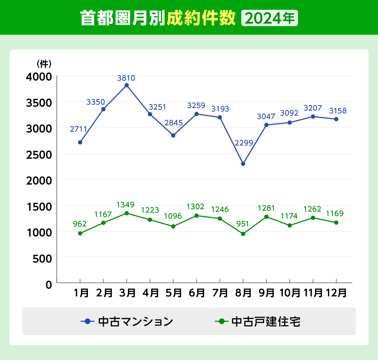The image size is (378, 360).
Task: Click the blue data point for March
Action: pos(127,85)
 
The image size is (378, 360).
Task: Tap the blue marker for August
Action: pos(243,164)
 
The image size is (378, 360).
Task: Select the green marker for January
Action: pos(80,233)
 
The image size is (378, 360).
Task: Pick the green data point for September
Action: pos(266,217)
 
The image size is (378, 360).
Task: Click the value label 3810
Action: pos(126,78)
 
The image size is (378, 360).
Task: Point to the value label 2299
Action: pos(244,143)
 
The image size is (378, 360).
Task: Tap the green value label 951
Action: pos(243,224)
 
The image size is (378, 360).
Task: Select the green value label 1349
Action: pos(125,205)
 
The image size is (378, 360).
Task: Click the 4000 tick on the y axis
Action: pos(39,77)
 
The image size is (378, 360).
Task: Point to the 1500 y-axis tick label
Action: pos(39,207)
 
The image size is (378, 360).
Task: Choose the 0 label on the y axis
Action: pos(49,285)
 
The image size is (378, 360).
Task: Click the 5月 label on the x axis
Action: pos(174,293)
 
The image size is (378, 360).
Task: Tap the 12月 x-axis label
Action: pos(336,293)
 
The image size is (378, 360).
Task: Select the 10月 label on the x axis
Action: pos(290,293)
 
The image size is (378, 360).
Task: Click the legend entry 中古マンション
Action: pos(127,322)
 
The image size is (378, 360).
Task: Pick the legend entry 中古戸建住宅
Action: pos(258,322)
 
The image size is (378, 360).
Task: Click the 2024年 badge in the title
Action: pos(269,18)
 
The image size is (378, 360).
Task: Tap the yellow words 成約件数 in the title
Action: pos(201,18)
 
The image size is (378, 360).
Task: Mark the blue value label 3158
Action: pos(338,111)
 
